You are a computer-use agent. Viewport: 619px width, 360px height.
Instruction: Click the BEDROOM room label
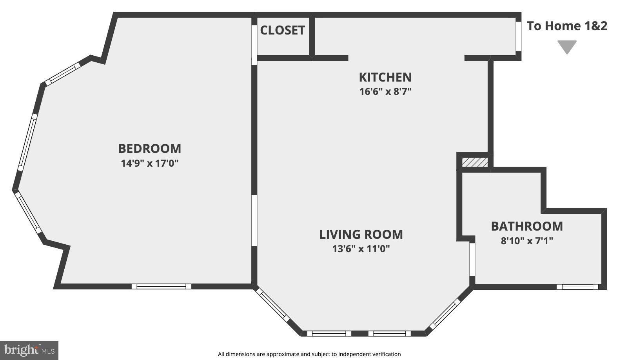[x=149, y=149]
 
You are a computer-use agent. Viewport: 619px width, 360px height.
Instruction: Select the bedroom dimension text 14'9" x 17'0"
[x=149, y=163]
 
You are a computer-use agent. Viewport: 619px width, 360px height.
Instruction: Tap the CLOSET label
[x=282, y=30]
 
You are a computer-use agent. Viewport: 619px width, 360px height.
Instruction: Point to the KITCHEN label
[x=385, y=77]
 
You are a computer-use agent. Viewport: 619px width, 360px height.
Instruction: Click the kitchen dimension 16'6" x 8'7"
[x=385, y=91]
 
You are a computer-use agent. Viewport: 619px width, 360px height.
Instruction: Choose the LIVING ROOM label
[x=361, y=234]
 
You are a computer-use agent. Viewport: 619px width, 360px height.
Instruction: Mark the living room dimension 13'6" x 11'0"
[x=361, y=249]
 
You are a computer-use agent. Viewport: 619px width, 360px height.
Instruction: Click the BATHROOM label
[x=526, y=226]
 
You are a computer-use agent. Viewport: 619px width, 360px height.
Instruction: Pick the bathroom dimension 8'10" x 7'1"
[x=526, y=241]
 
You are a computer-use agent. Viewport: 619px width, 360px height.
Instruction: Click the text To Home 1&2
[x=567, y=26]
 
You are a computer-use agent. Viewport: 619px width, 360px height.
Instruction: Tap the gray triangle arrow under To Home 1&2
[x=567, y=46]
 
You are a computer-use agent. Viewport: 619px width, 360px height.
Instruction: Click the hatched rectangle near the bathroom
[x=475, y=162]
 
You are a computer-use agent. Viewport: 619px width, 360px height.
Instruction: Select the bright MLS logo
[x=29, y=350]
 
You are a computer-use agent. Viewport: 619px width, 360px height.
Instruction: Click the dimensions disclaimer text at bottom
[x=309, y=354]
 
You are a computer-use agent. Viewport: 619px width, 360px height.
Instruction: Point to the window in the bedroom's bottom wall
[x=161, y=286]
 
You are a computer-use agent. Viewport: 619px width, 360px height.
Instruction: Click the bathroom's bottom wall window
[x=577, y=287]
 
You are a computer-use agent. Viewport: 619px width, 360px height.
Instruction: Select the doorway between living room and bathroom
[x=472, y=260]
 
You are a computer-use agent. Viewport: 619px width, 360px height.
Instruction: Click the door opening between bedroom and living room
[x=254, y=220]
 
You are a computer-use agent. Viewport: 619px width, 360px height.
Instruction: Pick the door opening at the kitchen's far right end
[x=518, y=36]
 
